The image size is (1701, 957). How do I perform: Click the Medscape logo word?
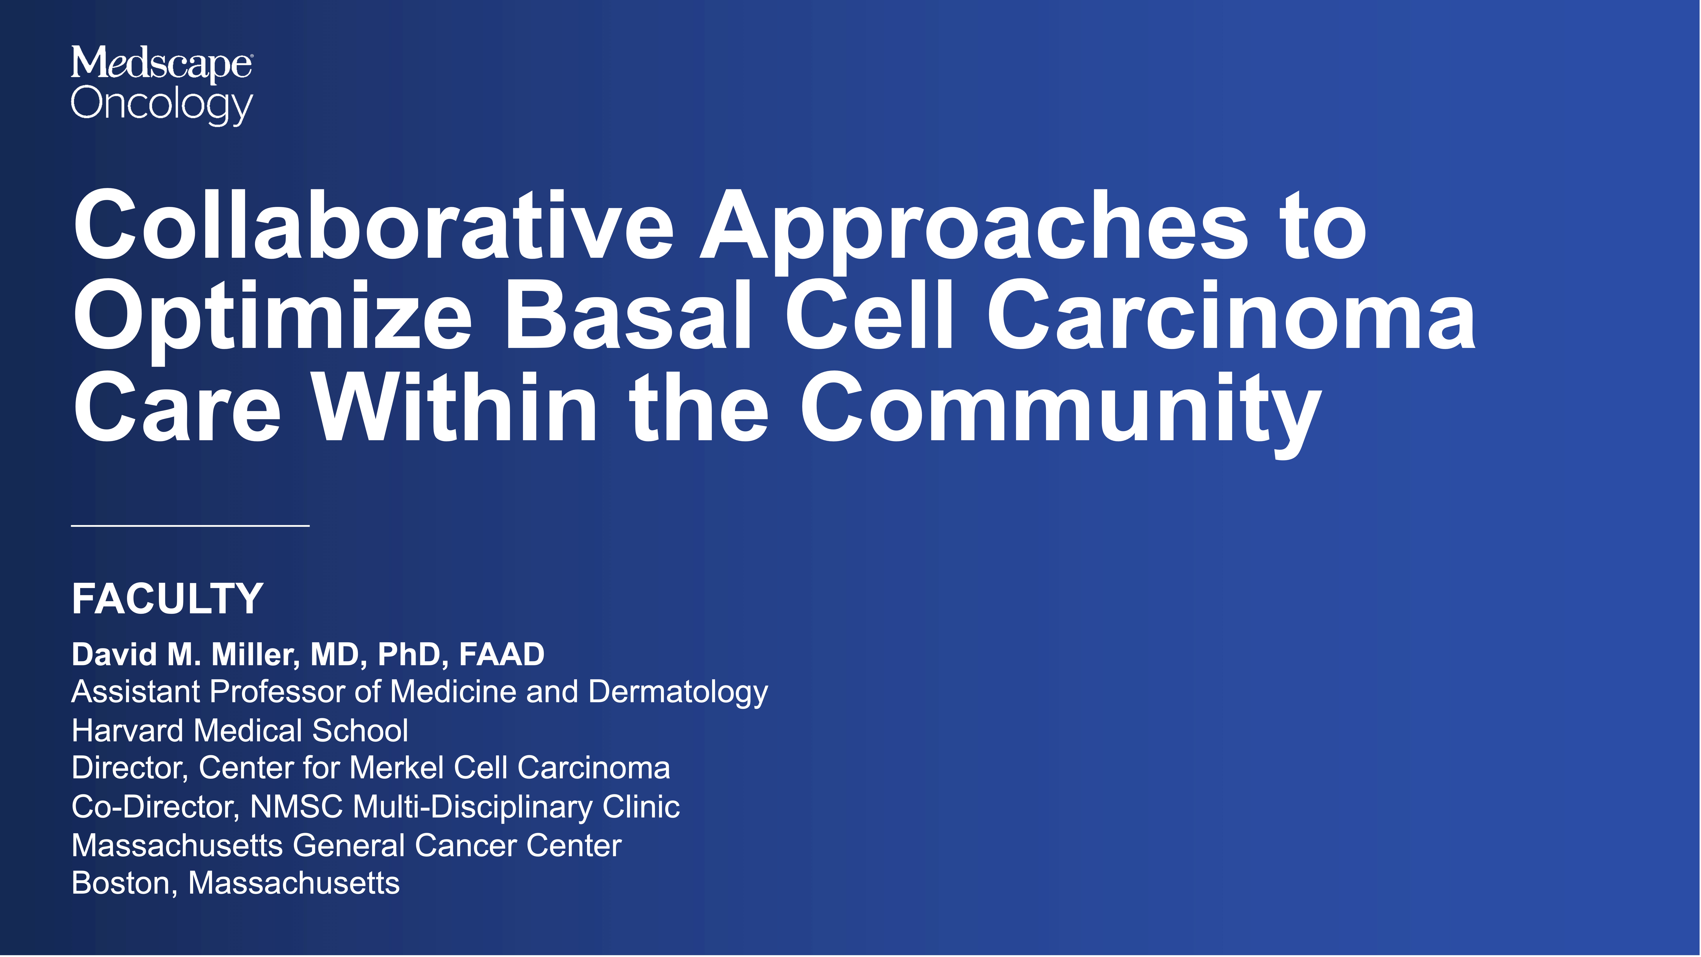(161, 64)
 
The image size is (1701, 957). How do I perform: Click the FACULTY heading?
(168, 599)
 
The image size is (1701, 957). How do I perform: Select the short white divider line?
(190, 526)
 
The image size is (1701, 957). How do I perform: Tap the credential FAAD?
(502, 655)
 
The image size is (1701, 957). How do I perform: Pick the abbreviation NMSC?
(296, 806)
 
